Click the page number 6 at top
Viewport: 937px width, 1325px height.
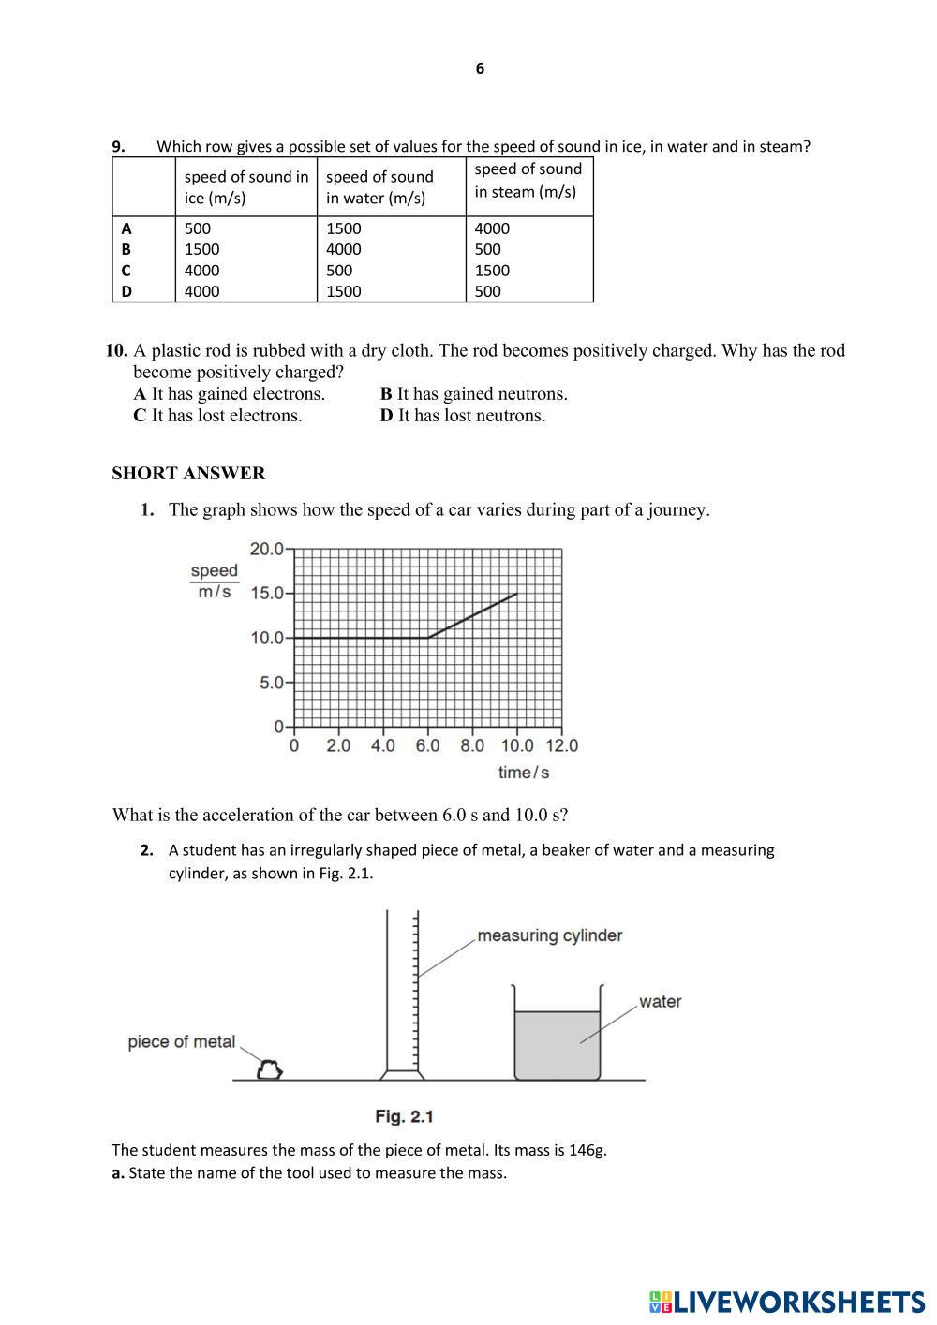480,68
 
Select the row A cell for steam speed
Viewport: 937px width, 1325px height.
492,228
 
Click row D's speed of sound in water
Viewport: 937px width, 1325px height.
343,291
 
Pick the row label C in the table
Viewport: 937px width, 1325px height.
126,271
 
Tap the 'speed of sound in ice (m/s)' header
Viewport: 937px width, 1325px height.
245,187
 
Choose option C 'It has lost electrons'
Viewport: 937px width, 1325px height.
217,415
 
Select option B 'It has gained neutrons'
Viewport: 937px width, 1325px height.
473,393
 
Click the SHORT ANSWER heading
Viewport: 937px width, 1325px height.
188,473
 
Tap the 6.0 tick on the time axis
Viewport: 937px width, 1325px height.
427,745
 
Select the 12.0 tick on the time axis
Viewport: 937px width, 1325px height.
561,745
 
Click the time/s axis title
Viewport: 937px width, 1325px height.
523,773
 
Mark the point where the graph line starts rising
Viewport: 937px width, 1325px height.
428,638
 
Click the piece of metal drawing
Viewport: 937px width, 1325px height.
270,1069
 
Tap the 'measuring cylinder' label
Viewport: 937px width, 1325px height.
549,935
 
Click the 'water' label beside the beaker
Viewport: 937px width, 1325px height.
660,1002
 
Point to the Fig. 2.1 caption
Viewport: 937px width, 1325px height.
404,1116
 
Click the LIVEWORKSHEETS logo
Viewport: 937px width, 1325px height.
786,1302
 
